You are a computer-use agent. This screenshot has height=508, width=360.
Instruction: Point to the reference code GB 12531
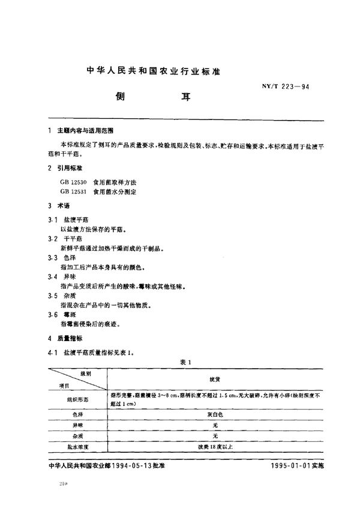click(x=73, y=190)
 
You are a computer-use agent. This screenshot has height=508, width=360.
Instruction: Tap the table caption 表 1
click(x=184, y=362)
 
